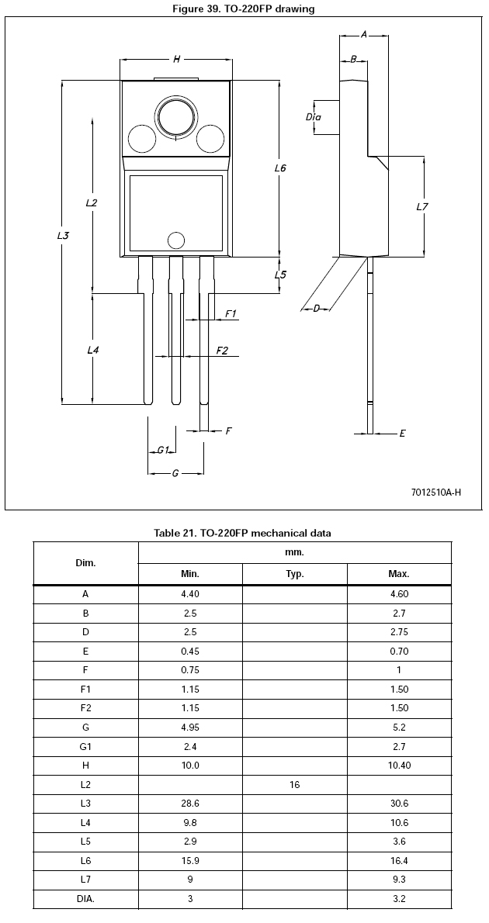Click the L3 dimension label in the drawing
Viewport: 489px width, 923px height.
pos(62,236)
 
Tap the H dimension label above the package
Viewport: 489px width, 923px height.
pos(176,59)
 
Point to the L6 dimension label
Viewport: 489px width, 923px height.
pos(280,168)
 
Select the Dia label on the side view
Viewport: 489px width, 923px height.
pos(313,116)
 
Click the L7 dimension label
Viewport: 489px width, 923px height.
pos(421,206)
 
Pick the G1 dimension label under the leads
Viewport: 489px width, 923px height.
pos(162,451)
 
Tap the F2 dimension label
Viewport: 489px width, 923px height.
pos(221,351)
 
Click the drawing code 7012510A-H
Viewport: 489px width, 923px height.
pos(436,492)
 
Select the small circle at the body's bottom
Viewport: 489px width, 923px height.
pos(175,240)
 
